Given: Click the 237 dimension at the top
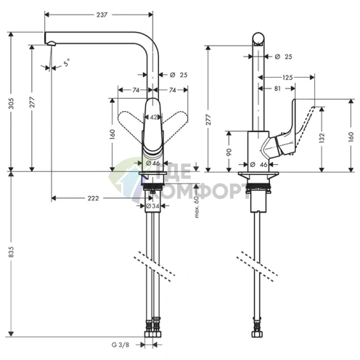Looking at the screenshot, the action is pyautogui.click(x=102, y=15).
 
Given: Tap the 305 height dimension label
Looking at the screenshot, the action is pyautogui.click(x=12, y=103).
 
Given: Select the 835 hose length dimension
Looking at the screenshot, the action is pyautogui.click(x=12, y=252).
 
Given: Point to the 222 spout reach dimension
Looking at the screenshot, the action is pyautogui.click(x=93, y=198).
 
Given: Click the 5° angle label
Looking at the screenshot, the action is pyautogui.click(x=67, y=62).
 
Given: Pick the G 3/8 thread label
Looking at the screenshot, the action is pyautogui.click(x=120, y=345).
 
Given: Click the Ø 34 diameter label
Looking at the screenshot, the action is pyautogui.click(x=152, y=206).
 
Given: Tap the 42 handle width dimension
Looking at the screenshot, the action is pyautogui.click(x=153, y=118).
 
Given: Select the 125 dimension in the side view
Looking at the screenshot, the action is pyautogui.click(x=287, y=78).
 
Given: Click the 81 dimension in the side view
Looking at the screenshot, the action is pyautogui.click(x=277, y=89).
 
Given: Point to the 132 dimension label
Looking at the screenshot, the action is pyautogui.click(x=322, y=138).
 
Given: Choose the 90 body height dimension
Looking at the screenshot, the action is pyautogui.click(x=229, y=152).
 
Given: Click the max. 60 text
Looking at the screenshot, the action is pyautogui.click(x=197, y=207).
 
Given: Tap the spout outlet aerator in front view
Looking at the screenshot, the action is pyautogui.click(x=52, y=44).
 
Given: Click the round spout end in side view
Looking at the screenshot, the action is pyautogui.click(x=258, y=39).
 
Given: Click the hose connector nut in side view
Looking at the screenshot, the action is pyautogui.click(x=256, y=334).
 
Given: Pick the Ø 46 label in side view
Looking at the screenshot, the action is pyautogui.click(x=258, y=165).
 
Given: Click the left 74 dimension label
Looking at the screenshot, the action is pyautogui.click(x=136, y=90).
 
